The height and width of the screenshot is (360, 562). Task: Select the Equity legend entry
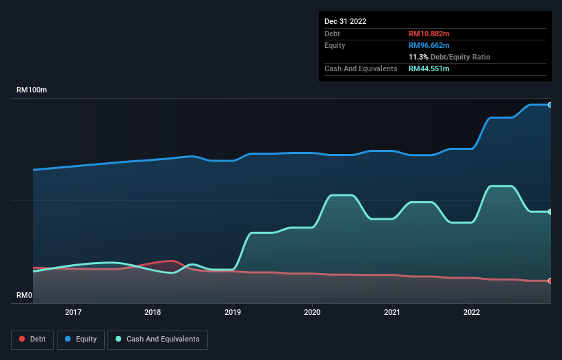pyautogui.click(x=80, y=339)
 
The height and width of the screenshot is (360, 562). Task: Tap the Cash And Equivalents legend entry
pyautogui.click(x=157, y=339)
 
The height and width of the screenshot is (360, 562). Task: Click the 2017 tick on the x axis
pyautogui.click(x=73, y=312)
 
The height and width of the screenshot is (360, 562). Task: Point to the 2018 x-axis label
pyautogui.click(x=153, y=312)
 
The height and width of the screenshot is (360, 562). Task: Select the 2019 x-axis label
pyautogui.click(x=233, y=312)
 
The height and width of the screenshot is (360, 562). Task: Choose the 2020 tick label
pyautogui.click(x=312, y=312)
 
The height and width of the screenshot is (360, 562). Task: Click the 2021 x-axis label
pyautogui.click(x=392, y=312)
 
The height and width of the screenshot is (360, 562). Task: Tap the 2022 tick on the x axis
pyautogui.click(x=472, y=312)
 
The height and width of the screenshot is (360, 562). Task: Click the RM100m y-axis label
pyautogui.click(x=32, y=90)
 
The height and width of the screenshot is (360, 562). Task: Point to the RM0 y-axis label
pyautogui.click(x=25, y=296)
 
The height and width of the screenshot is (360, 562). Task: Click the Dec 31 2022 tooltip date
pyautogui.click(x=345, y=21)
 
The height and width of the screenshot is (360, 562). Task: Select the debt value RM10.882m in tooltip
pyautogui.click(x=429, y=34)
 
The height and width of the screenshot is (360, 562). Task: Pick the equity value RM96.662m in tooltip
pyautogui.click(x=429, y=45)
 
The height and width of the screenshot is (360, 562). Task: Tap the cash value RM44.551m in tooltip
pyautogui.click(x=429, y=68)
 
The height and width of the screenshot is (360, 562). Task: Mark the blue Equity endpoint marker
pyautogui.click(x=550, y=105)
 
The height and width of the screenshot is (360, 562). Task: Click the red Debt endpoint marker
pyautogui.click(x=550, y=281)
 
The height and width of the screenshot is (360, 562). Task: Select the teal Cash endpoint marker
pyautogui.click(x=550, y=211)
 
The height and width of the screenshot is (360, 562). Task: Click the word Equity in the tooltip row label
pyautogui.click(x=335, y=45)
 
